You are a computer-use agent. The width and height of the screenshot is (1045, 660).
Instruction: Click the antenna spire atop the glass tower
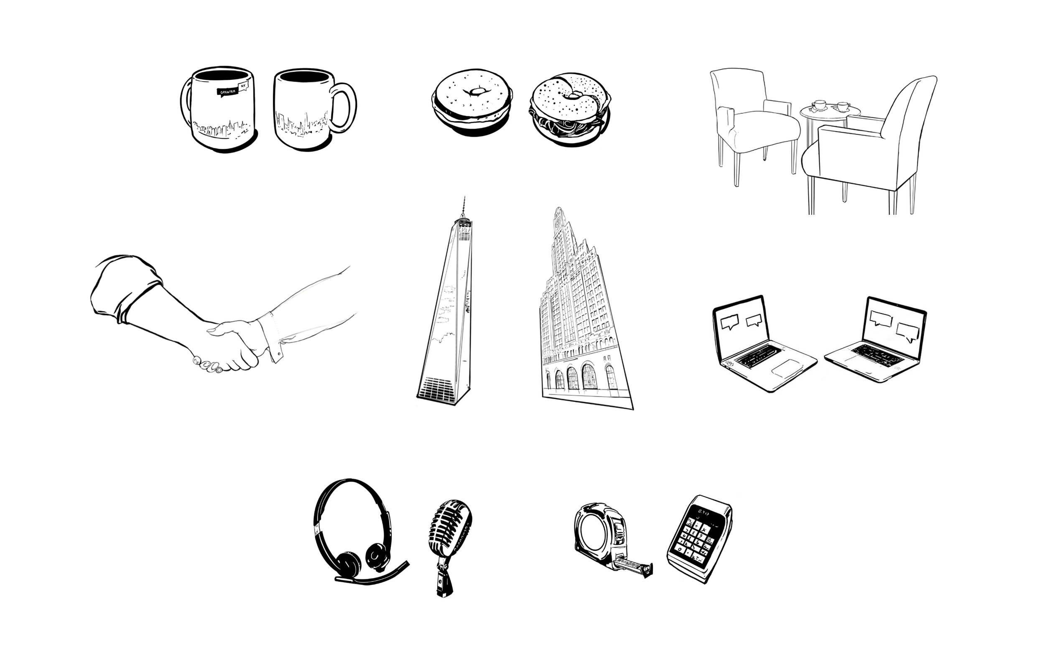click(x=464, y=207)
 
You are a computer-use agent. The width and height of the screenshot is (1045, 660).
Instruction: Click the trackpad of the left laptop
click(x=786, y=367)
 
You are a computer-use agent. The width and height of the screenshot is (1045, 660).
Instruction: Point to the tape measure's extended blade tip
click(x=647, y=570)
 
